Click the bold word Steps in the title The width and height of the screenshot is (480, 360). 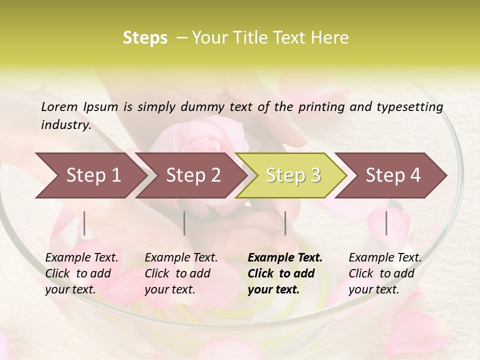145,38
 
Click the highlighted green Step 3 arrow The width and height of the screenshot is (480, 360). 293,175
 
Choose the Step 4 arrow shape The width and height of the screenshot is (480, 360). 393,175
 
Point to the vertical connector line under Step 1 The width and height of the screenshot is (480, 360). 84,223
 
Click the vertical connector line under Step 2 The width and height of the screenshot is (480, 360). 184,223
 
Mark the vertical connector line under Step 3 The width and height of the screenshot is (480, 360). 285,223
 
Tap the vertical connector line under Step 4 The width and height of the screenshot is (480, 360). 386,223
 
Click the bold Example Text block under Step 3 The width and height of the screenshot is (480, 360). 285,273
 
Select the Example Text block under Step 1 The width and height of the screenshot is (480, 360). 82,273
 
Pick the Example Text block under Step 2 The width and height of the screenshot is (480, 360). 181,273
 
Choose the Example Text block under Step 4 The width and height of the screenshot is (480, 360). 385,273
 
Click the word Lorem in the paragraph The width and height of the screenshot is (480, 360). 59,106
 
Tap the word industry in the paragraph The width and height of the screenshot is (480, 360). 65,125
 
